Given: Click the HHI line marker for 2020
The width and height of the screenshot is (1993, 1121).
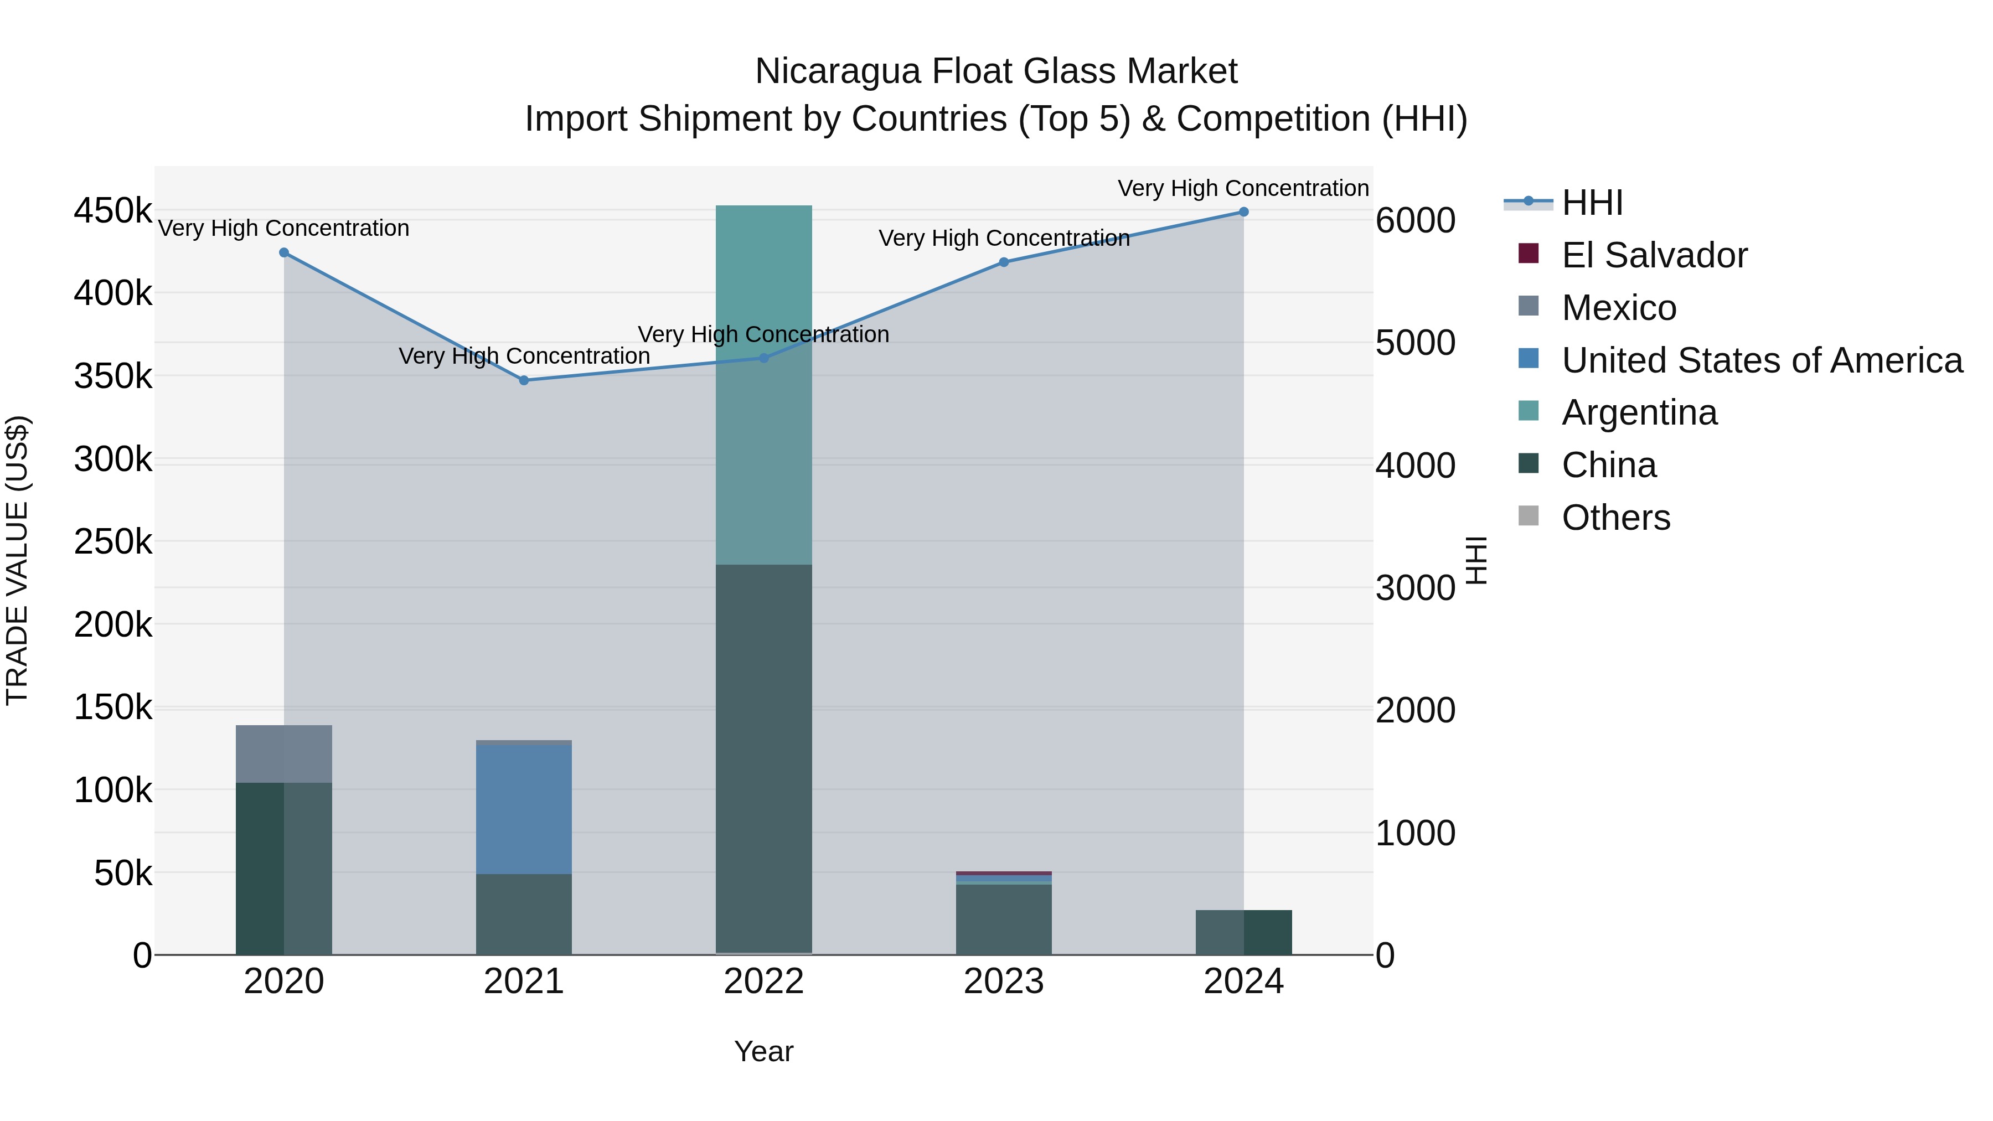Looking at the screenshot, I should pyautogui.click(x=284, y=253).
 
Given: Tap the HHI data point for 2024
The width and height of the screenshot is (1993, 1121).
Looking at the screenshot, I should pyautogui.click(x=1243, y=212).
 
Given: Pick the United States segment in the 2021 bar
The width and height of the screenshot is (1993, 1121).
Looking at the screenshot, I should pyautogui.click(x=524, y=808).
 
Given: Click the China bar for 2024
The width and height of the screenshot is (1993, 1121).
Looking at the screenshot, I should pyautogui.click(x=1243, y=932).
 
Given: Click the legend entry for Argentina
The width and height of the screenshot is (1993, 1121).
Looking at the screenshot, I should pyautogui.click(x=1639, y=412).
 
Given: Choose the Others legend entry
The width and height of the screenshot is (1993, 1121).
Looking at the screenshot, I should pyautogui.click(x=1615, y=518).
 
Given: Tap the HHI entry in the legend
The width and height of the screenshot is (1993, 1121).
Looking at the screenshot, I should pyautogui.click(x=1592, y=203).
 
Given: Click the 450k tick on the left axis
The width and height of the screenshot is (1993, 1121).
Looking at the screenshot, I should pyautogui.click(x=113, y=210).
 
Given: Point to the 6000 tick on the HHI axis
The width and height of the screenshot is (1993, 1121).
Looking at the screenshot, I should pyautogui.click(x=1415, y=220).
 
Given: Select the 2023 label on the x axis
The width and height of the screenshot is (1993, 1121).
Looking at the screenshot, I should pyautogui.click(x=1004, y=981).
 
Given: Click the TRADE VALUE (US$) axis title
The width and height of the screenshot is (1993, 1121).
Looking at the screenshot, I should pyautogui.click(x=17, y=560).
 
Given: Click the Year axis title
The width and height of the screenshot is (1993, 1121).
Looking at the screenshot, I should pyautogui.click(x=763, y=1051).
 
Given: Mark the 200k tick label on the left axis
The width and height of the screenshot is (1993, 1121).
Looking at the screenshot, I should pyautogui.click(x=113, y=624).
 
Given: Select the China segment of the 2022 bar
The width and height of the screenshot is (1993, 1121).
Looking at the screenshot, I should pyautogui.click(x=763, y=758).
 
